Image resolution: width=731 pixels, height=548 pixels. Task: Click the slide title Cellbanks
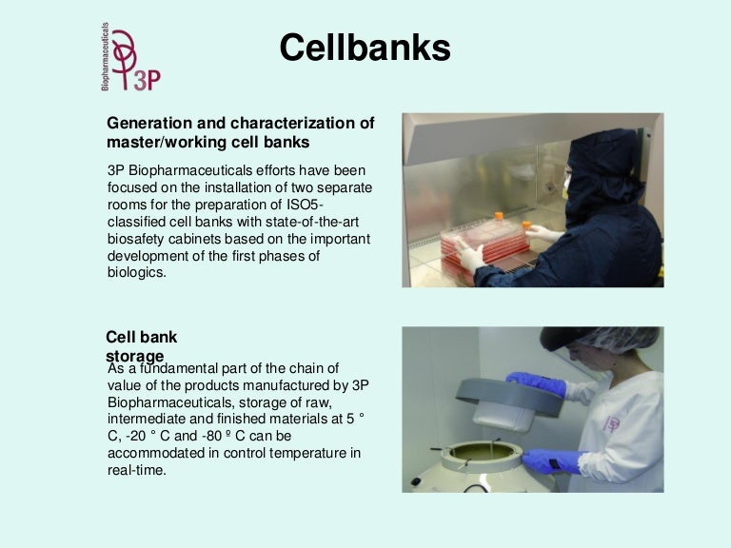[x=365, y=47]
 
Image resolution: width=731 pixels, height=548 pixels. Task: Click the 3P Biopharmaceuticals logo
[x=130, y=59]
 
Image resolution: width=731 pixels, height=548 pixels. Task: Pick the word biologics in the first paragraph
[x=137, y=272]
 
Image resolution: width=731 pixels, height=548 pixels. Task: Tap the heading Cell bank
[x=141, y=337]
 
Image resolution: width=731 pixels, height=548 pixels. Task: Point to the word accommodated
[x=156, y=453]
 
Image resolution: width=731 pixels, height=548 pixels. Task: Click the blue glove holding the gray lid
[x=539, y=382]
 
